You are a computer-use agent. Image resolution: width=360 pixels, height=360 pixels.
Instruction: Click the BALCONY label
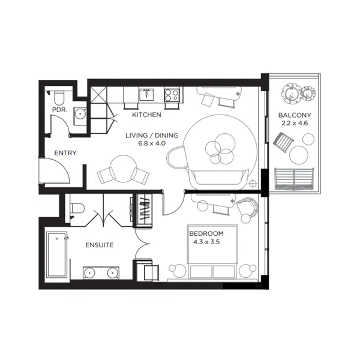295,115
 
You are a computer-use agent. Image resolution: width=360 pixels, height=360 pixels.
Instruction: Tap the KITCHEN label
146,115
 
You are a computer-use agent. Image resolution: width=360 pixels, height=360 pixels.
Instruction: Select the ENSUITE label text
100,245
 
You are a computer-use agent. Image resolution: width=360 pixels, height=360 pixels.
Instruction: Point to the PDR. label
60,110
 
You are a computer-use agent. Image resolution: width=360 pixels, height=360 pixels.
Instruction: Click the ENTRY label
65,153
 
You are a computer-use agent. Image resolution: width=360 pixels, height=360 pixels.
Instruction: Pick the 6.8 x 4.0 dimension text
152,143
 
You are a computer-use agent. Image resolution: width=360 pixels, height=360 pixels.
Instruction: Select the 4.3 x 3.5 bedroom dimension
206,242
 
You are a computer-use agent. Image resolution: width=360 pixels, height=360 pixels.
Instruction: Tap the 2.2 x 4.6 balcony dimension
295,123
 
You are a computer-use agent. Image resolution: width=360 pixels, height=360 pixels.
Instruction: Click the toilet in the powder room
59,97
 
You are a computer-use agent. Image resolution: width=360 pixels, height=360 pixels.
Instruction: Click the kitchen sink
147,95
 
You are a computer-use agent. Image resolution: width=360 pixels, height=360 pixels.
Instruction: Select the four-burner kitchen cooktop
172,95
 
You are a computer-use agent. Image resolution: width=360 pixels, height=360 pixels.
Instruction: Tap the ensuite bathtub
57,254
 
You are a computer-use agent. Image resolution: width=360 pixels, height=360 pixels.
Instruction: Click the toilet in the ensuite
77,208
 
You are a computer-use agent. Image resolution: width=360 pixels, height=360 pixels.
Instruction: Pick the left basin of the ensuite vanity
89,273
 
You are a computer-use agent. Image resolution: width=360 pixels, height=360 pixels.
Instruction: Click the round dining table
123,169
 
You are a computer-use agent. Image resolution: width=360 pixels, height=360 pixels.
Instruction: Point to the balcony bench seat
294,179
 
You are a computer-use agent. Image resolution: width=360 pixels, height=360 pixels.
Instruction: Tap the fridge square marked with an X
99,95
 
